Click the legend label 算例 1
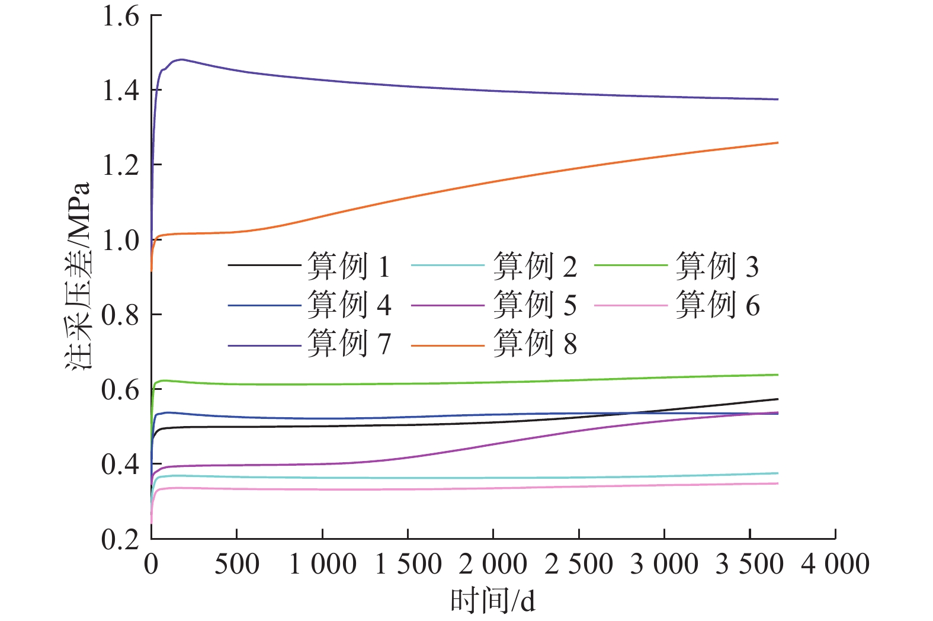(x=349, y=266)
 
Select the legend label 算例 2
(x=534, y=266)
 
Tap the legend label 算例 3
(x=717, y=266)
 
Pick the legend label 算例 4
(x=349, y=305)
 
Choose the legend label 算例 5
(x=534, y=305)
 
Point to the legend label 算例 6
(x=717, y=305)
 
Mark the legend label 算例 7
(x=349, y=343)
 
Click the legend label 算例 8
(x=534, y=343)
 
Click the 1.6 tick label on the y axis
(x=121, y=16)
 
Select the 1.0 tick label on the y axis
(x=121, y=240)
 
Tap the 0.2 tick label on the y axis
(x=121, y=539)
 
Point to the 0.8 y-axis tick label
(x=121, y=315)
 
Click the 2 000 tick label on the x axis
(x=493, y=564)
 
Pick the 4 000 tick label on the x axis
(x=835, y=564)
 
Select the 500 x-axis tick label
(x=236, y=564)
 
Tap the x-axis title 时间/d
(x=493, y=601)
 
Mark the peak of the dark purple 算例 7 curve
(x=181, y=59)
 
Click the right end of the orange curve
(x=778, y=142)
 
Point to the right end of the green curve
(x=778, y=374)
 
